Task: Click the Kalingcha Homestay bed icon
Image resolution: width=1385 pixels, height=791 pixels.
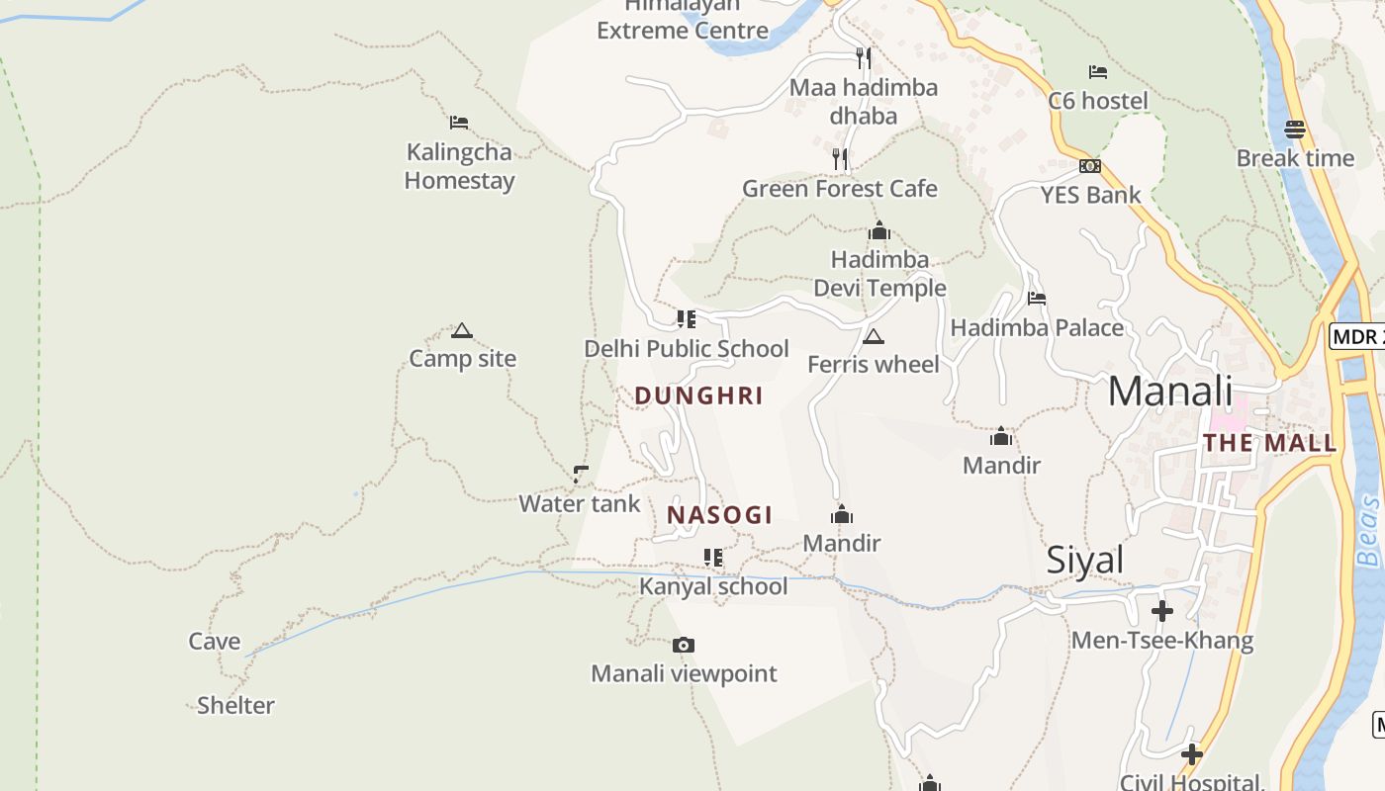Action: [x=458, y=123]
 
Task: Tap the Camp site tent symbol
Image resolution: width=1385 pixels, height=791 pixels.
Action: [x=461, y=330]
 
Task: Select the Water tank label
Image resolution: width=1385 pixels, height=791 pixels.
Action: [x=580, y=503]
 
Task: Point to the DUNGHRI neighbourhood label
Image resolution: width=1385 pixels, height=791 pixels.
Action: [x=698, y=395]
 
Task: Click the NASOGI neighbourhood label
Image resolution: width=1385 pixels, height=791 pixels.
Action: [x=719, y=515]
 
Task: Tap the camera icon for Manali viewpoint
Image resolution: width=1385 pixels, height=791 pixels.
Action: [x=683, y=646]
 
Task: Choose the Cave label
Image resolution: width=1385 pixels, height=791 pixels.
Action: [x=215, y=642]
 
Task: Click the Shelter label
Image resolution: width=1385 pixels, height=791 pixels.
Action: [x=235, y=705]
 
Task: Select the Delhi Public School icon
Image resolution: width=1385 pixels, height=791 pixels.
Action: [x=686, y=319]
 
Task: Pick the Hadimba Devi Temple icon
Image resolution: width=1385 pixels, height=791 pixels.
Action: [x=878, y=231]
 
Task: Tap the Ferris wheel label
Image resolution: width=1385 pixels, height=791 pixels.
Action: [x=874, y=364]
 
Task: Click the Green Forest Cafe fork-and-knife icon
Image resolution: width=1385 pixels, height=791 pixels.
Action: [x=840, y=158]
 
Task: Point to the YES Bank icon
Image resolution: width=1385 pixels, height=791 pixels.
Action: [x=1090, y=166]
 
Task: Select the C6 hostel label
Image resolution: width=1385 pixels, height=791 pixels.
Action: [x=1098, y=101]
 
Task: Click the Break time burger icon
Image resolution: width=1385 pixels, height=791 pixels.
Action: [x=1295, y=129]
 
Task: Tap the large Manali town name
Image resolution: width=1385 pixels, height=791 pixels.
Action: [x=1170, y=391]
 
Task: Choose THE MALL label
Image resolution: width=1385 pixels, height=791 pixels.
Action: [x=1270, y=443]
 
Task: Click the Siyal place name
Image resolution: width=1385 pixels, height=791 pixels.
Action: [x=1085, y=561]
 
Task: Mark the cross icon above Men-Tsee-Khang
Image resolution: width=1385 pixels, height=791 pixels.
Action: [x=1162, y=611]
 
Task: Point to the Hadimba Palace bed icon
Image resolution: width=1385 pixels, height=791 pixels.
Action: [x=1037, y=298]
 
